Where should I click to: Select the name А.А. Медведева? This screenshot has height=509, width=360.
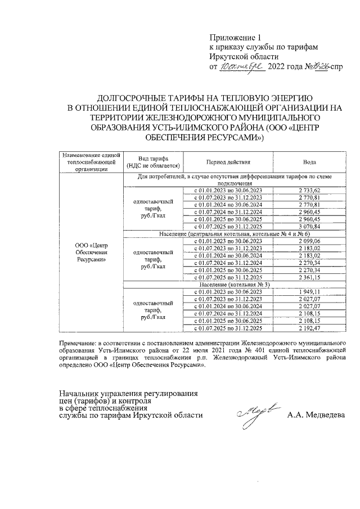coord(316,416)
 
